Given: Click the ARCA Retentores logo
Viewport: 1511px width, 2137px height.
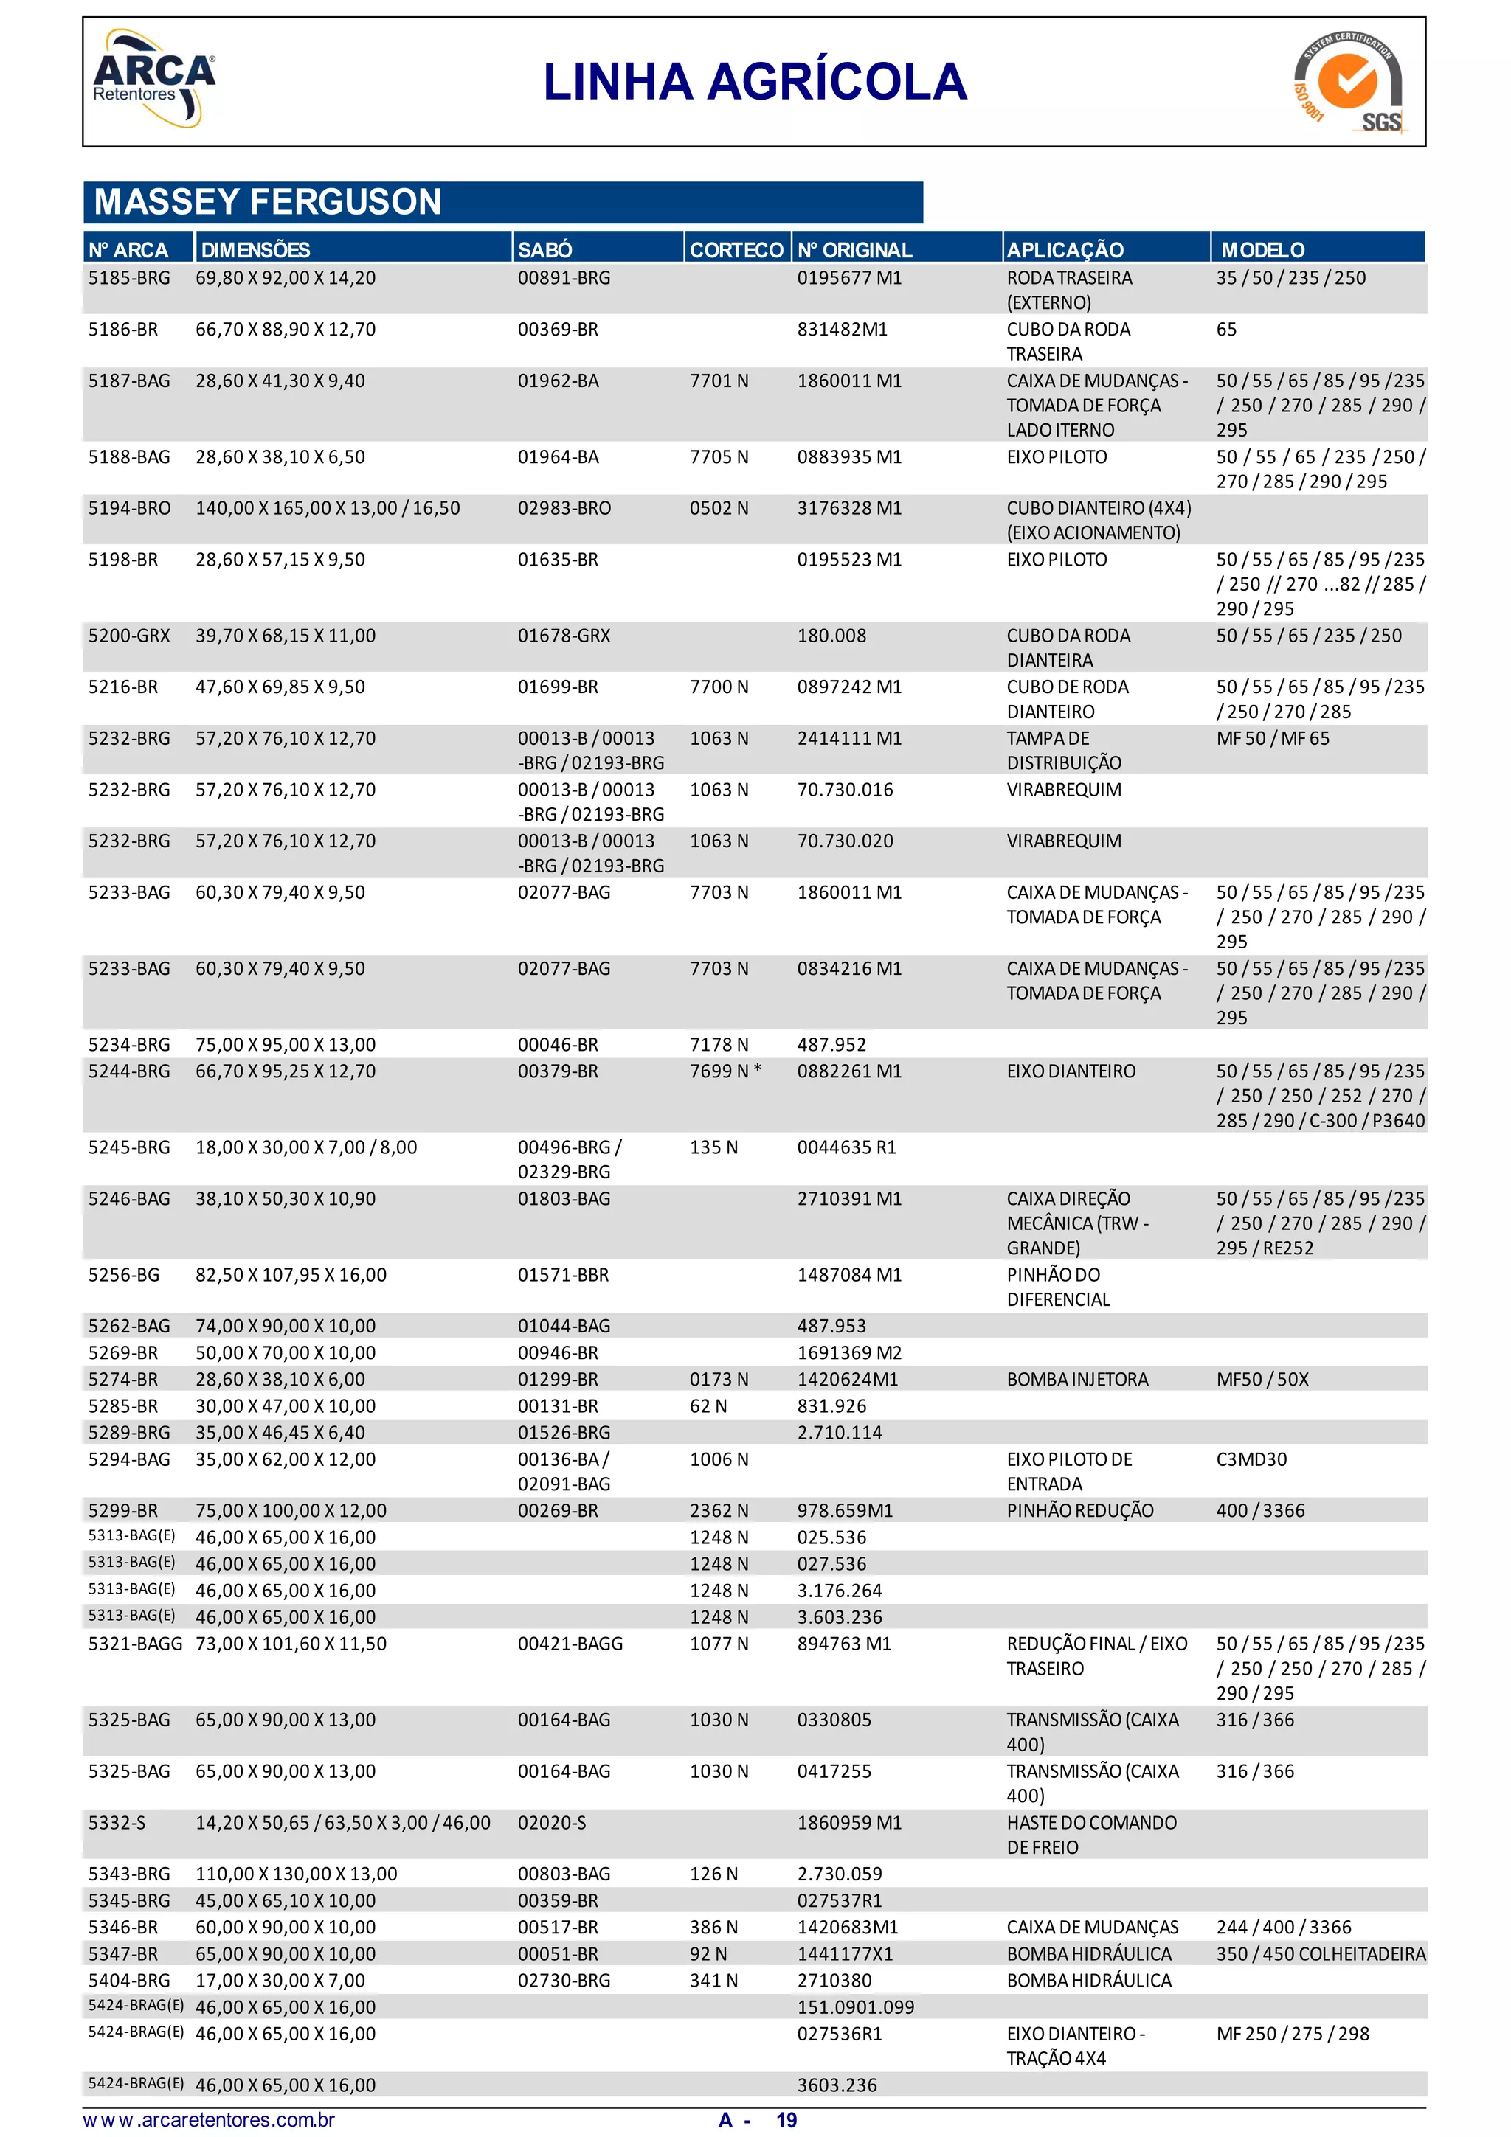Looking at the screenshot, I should point(153,79).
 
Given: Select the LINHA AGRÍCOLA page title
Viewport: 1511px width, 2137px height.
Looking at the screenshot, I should point(755,82).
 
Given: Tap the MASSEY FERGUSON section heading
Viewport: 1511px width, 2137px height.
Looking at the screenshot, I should point(268,202).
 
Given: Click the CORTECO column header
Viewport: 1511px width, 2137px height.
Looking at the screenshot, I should point(736,249).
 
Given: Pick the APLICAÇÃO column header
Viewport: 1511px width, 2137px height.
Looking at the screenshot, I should point(1065,249).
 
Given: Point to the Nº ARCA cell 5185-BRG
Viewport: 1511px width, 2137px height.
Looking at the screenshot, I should point(129,277).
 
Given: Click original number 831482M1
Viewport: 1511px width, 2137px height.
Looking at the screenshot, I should point(843,330).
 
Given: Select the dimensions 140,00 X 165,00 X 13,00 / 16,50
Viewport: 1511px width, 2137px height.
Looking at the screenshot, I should point(328,508).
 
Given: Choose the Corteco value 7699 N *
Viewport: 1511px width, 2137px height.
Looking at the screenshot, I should point(725,1071).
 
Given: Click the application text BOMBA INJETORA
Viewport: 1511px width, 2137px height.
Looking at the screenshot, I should point(1077,1380).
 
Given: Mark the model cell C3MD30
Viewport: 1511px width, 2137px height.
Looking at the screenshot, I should point(1251,1459).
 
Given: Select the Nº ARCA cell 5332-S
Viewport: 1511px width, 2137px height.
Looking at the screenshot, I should point(117,1822).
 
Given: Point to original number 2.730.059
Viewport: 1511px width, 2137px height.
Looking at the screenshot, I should point(840,1874).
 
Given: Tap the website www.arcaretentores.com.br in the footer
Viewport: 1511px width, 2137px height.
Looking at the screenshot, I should point(210,2120).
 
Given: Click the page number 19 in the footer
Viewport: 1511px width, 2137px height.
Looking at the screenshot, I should point(786,2120).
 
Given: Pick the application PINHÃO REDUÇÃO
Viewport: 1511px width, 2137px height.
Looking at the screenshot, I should point(1080,1511).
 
